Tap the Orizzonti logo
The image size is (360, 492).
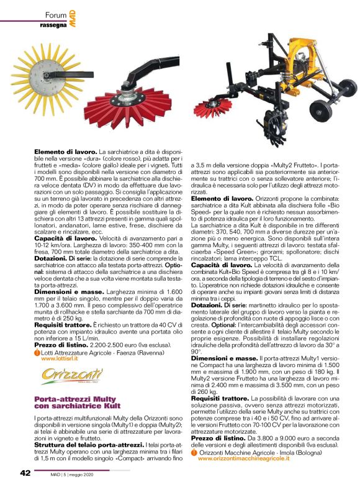tap(63, 375)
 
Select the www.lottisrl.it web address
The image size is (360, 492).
tap(65, 358)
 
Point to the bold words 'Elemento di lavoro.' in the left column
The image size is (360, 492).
tap(65, 151)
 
